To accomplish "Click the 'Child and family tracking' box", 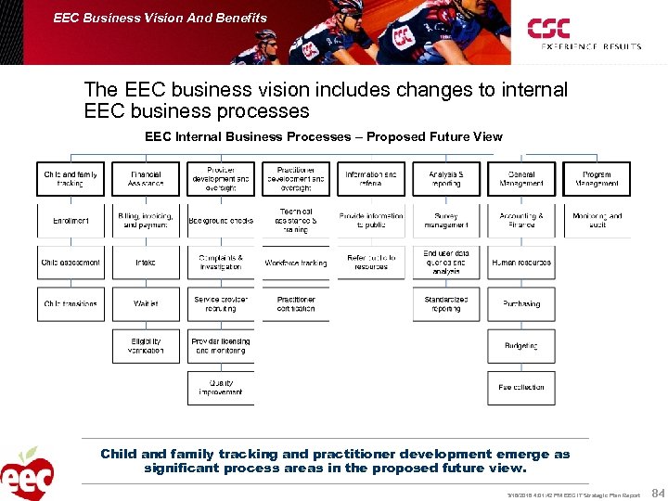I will [x=71, y=179].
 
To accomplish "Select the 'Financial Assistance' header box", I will [x=146, y=179].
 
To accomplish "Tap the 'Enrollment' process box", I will [x=71, y=221].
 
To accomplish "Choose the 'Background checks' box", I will [x=221, y=221].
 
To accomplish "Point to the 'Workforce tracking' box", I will [x=296, y=263].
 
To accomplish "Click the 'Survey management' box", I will [x=446, y=221].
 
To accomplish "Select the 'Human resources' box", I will [x=521, y=263].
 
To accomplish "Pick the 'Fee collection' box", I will [x=521, y=388].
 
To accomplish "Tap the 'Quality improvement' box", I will [x=221, y=388].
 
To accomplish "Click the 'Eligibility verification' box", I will [x=146, y=346].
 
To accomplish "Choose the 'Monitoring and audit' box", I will [x=597, y=221].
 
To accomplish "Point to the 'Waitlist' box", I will [x=146, y=304].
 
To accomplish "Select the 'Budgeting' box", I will [x=521, y=346].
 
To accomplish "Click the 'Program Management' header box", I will [x=597, y=179].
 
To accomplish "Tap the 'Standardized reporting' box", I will [x=446, y=304].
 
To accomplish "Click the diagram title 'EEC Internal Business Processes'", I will [x=323, y=137].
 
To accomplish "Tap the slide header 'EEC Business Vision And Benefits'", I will [x=161, y=18].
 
